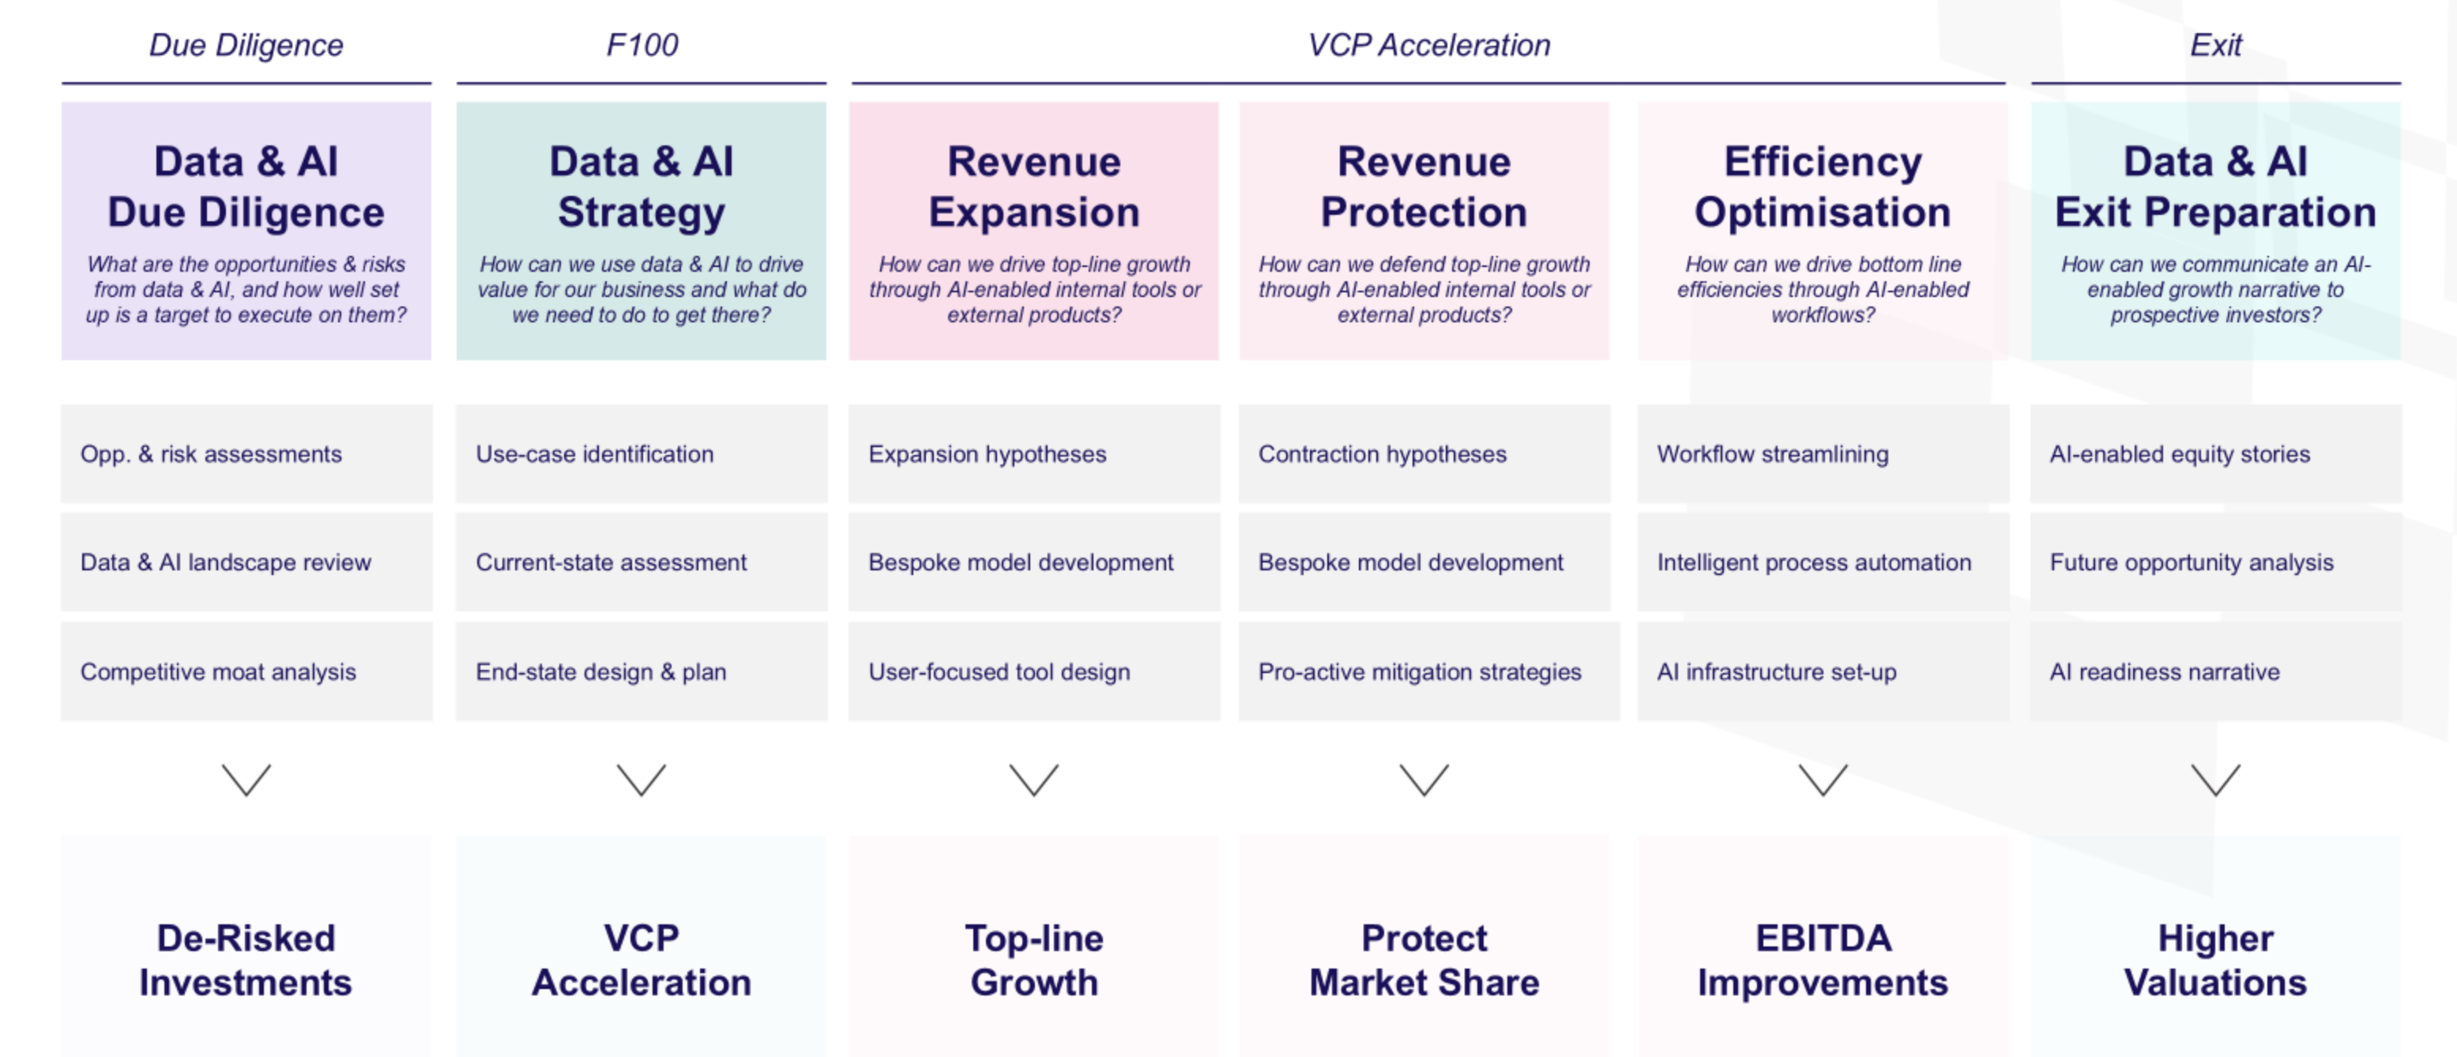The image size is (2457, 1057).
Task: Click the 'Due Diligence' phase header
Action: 246,45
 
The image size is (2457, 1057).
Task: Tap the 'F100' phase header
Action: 642,45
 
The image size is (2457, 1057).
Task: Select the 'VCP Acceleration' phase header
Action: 1429,45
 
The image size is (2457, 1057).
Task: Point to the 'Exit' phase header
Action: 2216,45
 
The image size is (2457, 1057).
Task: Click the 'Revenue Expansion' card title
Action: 1034,187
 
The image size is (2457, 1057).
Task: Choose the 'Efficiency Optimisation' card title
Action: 1823,187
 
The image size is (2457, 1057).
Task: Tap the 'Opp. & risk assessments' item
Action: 211,454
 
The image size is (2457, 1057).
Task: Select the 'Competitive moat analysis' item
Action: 218,671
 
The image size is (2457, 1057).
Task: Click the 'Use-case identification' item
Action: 594,454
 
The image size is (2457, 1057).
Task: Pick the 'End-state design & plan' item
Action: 601,671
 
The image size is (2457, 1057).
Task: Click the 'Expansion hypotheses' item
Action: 988,454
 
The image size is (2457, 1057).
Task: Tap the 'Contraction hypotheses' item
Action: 1382,454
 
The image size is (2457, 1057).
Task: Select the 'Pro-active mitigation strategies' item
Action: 1419,671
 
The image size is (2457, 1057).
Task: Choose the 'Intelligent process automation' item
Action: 1814,562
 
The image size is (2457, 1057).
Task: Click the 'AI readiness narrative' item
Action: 2164,671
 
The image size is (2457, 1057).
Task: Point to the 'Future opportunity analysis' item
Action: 2192,562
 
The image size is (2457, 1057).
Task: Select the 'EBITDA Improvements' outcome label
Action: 1823,960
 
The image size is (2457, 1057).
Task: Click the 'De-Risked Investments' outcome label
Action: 246,960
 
